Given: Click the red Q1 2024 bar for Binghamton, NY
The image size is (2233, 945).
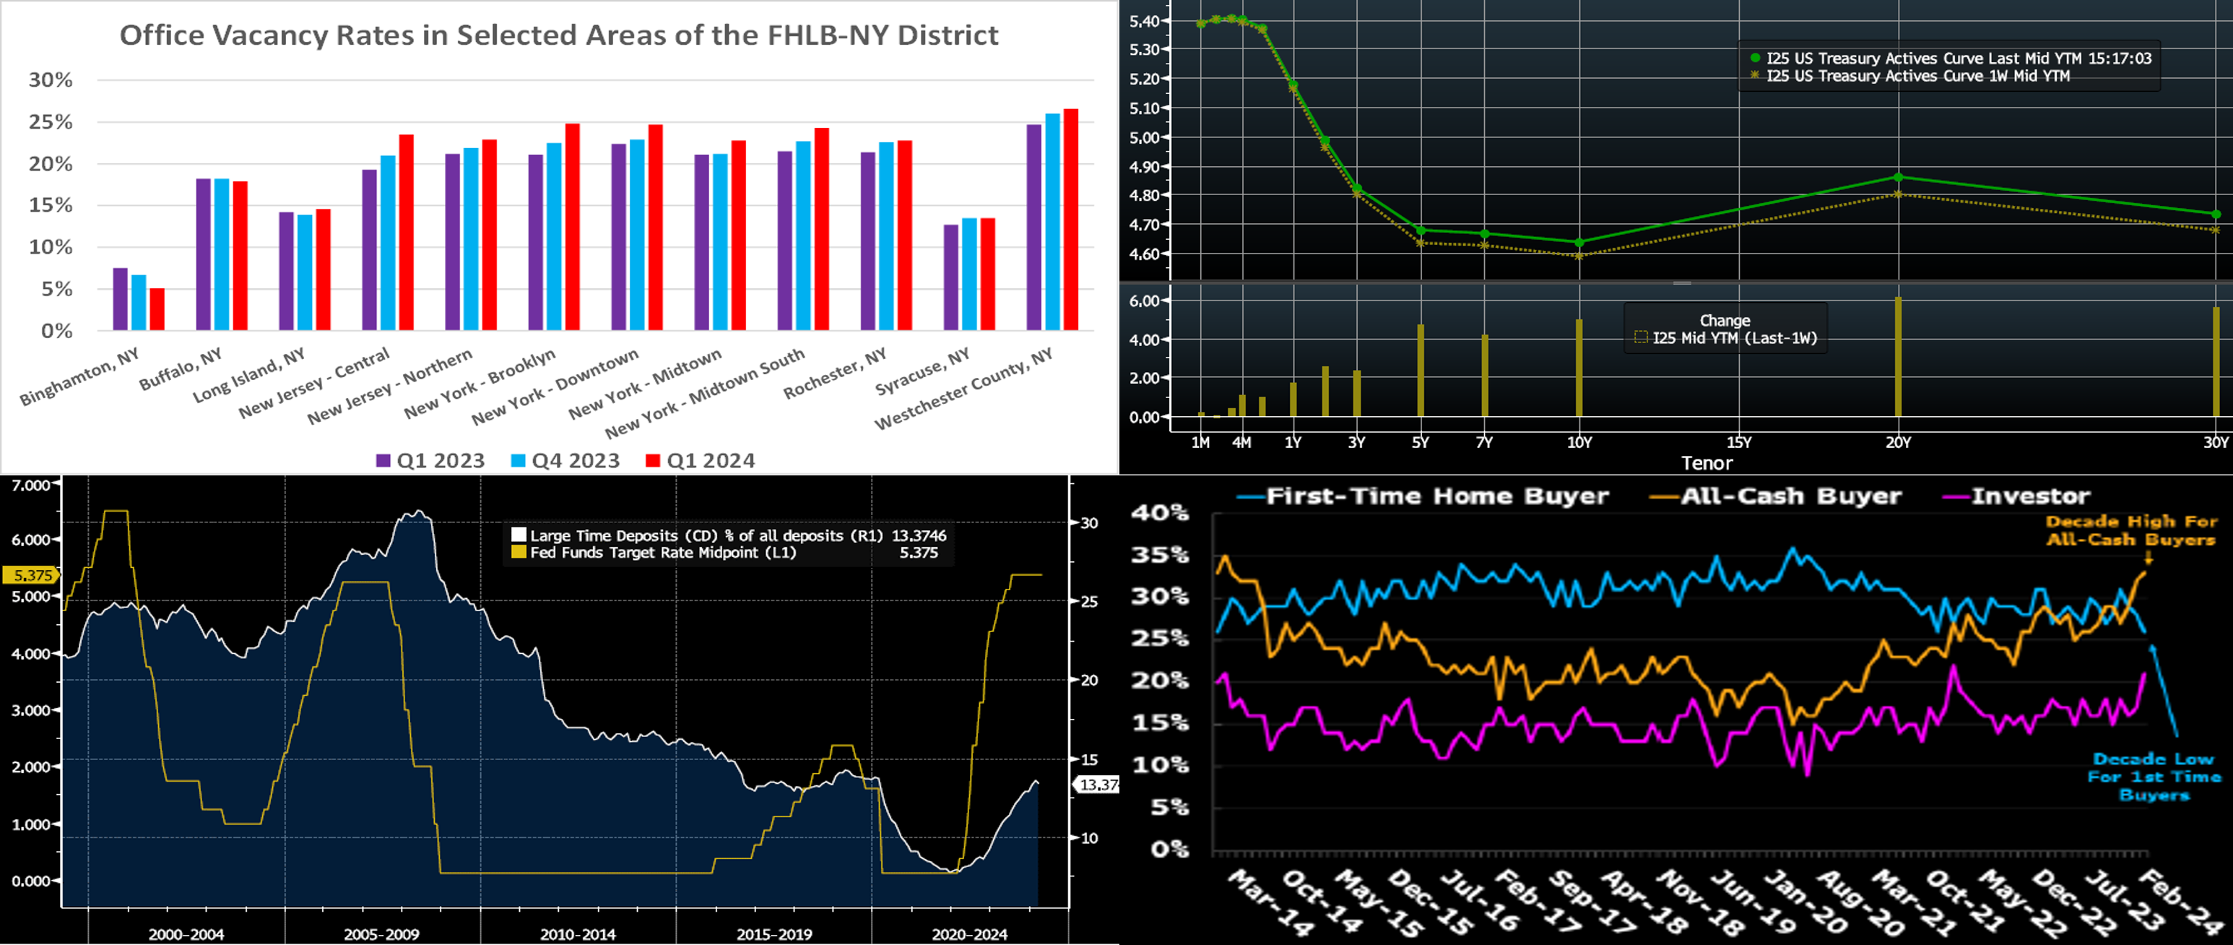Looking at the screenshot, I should tap(157, 309).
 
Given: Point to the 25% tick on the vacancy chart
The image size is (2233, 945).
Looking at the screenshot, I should tap(51, 122).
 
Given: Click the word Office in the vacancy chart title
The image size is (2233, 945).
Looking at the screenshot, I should tap(161, 35).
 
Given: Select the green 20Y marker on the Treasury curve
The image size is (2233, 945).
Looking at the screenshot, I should tap(1899, 178).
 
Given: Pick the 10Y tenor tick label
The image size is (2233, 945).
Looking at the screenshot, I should tap(1579, 443).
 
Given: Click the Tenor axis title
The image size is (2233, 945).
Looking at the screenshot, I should tap(1707, 463).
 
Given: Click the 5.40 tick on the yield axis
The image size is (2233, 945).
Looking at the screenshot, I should tap(1144, 22).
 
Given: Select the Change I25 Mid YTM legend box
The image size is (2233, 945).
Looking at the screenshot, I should tap(1725, 329).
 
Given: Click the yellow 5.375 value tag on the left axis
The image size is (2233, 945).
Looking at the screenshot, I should tap(31, 576).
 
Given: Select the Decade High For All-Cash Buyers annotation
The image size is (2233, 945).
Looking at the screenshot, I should tap(2130, 530).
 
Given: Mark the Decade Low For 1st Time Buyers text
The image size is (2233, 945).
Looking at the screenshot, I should tap(2154, 777).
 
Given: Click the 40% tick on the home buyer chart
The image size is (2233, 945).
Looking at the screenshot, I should tap(1159, 513).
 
